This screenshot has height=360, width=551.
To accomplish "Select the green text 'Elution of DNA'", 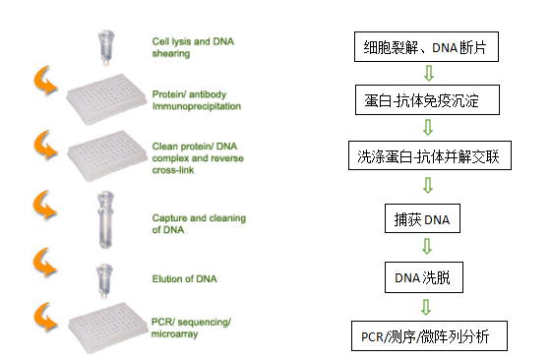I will (184, 279).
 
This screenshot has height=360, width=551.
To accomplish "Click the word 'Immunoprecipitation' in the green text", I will (195, 105).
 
